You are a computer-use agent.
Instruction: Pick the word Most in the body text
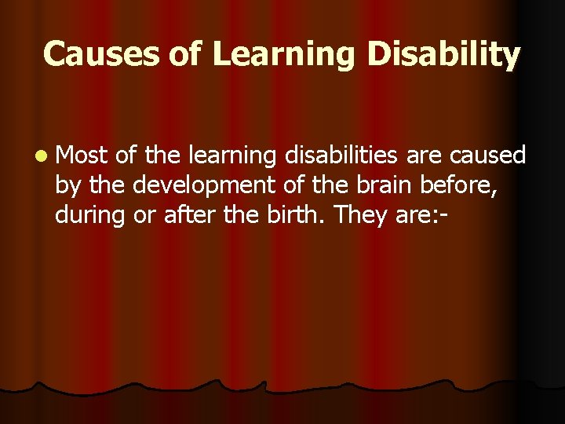point(82,156)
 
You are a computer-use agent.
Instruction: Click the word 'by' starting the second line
point(67,186)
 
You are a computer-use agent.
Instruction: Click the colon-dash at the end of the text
point(445,214)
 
